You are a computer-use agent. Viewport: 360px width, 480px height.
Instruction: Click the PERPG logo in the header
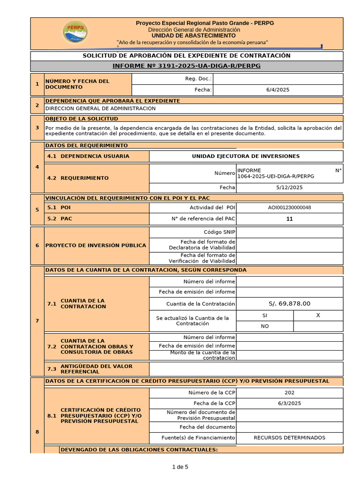[75, 33]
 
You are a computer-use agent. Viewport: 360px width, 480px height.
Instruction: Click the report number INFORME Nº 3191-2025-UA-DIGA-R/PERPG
[187, 66]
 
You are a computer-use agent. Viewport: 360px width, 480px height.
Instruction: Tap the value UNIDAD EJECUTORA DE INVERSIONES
[246, 156]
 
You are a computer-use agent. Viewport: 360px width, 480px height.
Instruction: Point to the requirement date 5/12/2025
[289, 187]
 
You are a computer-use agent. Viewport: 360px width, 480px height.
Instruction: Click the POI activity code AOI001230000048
[289, 208]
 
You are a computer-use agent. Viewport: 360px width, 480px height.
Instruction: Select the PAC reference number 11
[289, 219]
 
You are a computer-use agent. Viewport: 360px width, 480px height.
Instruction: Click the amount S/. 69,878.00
[289, 304]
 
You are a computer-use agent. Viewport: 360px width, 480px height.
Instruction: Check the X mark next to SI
[318, 315]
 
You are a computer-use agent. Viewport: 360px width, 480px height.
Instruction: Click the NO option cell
[265, 326]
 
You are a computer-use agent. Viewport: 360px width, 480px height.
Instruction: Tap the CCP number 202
[289, 393]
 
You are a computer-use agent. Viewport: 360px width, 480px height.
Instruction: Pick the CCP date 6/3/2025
[289, 403]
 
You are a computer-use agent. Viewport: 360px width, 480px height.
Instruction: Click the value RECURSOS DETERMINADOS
[289, 438]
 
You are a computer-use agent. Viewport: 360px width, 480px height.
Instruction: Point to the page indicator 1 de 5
[180, 467]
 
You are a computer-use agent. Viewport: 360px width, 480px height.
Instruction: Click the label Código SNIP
[219, 232]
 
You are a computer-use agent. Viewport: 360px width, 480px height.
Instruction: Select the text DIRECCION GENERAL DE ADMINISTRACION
[100, 108]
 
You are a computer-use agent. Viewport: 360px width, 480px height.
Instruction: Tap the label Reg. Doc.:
[198, 79]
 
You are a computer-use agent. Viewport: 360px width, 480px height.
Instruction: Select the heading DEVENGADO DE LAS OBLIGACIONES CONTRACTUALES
[139, 450]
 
